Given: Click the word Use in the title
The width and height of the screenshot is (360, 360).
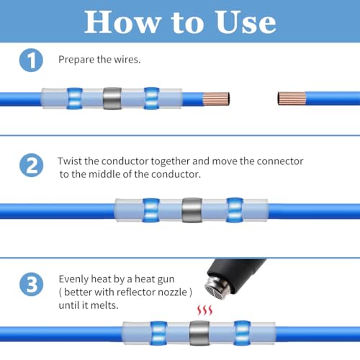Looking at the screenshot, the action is (246, 22).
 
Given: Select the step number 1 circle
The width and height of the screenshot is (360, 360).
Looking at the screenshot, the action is (31, 60).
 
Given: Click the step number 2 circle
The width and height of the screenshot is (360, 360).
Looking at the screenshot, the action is (31, 166).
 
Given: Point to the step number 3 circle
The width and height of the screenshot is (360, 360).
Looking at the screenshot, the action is (31, 284).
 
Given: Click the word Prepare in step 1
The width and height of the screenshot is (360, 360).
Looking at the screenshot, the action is (76, 60).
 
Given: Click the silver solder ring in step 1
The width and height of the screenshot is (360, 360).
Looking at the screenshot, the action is (112, 99).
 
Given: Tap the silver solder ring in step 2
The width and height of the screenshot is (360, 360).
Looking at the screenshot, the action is (192, 210).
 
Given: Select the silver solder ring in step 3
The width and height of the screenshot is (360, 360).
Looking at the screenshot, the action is (199, 333).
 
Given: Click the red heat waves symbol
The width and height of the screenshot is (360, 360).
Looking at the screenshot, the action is (204, 310).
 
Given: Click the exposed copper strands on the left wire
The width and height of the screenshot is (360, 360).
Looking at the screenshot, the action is (216, 99).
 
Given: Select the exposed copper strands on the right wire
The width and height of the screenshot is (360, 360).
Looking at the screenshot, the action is (292, 99).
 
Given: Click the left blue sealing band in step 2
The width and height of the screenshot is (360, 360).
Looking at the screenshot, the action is (151, 210).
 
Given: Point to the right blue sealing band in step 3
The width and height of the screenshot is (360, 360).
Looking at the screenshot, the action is (242, 333).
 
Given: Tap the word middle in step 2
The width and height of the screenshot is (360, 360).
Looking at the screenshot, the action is (104, 174).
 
